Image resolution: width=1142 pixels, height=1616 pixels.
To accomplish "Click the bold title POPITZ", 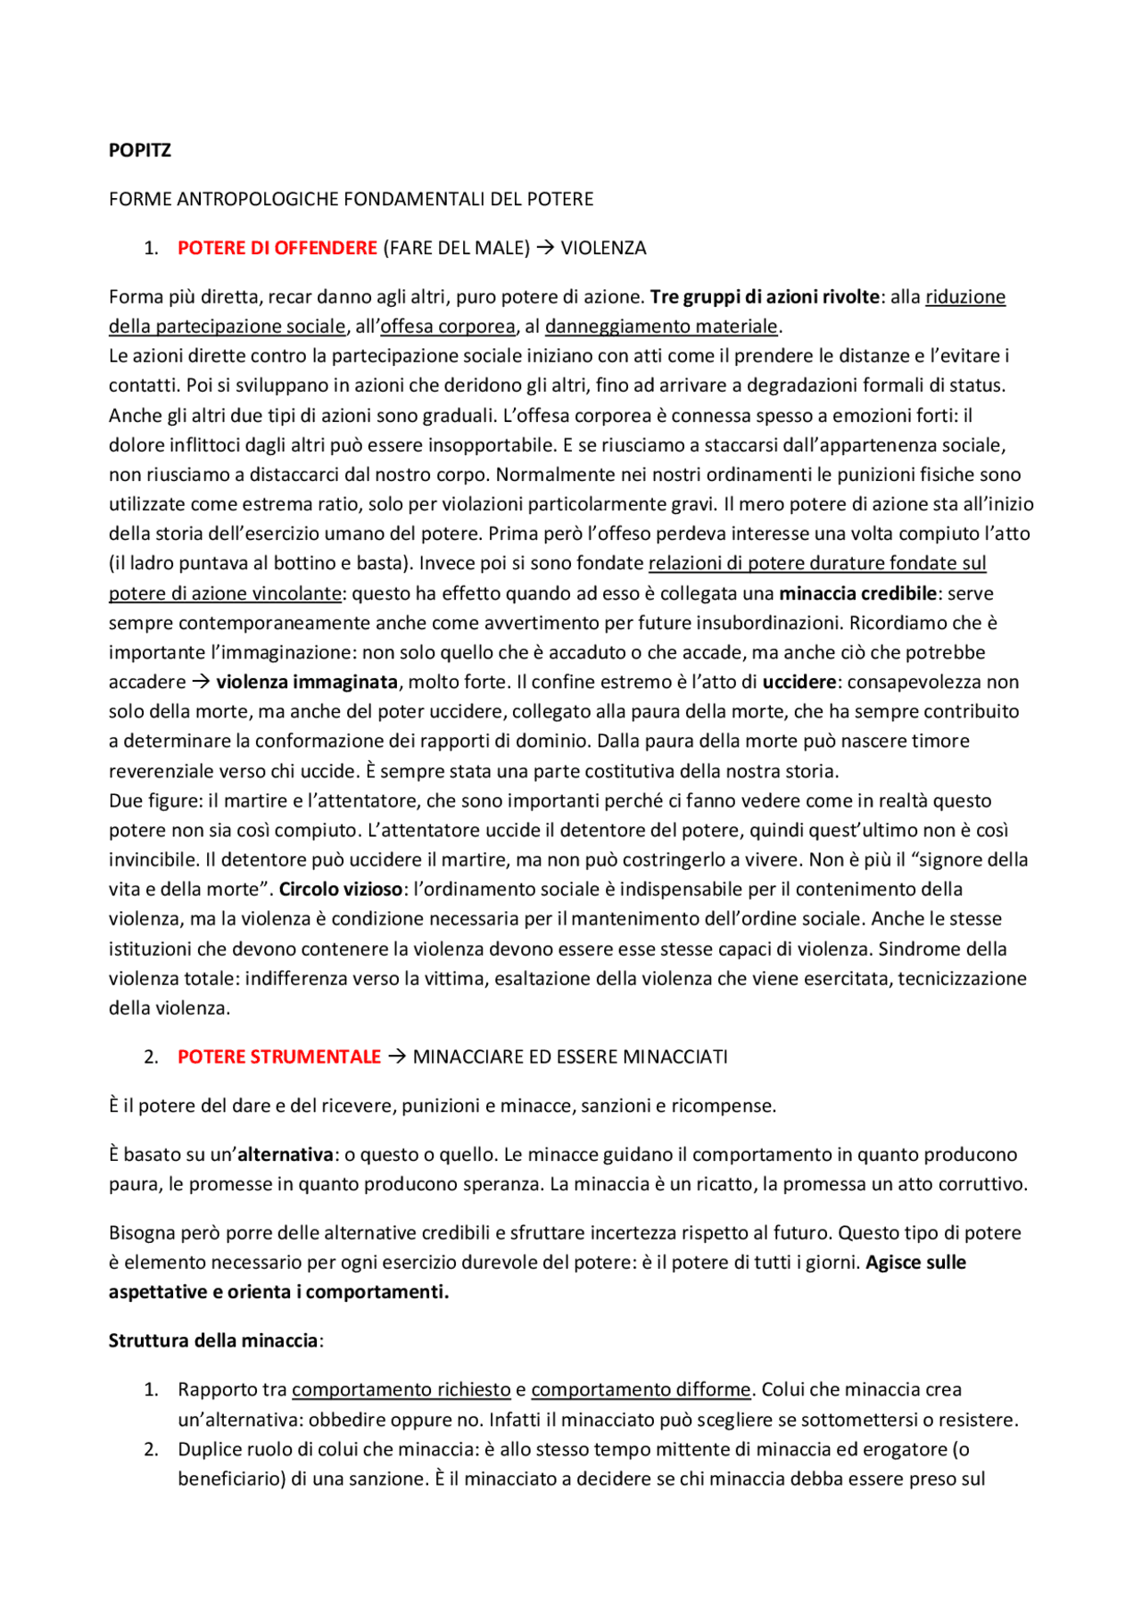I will pos(139,150).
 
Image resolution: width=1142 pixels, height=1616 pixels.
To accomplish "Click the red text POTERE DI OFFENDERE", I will pos(277,248).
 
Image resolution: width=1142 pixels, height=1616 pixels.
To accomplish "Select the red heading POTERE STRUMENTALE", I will pos(278,1057).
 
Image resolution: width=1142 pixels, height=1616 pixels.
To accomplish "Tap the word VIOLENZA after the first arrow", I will pos(603,248).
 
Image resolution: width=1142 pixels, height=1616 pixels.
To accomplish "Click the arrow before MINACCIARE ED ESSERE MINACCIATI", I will pos(397,1057).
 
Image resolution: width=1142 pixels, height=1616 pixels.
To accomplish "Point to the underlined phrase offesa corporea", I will pos(448,327).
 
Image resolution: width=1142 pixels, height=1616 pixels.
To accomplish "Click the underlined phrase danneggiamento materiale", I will pos(661,327).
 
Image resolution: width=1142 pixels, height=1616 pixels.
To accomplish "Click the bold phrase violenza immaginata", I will pos(307,682).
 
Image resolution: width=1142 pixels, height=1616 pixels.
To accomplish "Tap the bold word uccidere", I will pos(799,682).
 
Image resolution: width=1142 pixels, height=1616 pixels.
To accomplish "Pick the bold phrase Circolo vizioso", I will pos(341,889).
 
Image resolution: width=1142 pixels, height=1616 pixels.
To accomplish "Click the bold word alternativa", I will pos(285,1155).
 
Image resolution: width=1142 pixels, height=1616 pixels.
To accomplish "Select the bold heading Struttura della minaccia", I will pos(213,1340).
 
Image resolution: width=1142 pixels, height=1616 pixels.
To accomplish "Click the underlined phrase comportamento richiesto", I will pos(401,1389).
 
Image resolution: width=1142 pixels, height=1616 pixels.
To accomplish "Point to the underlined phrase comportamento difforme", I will pos(641,1389).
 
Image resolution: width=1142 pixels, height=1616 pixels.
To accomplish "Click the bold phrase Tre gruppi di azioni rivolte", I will pos(765,297).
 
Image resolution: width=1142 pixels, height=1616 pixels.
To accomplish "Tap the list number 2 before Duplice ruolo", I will pos(152,1449).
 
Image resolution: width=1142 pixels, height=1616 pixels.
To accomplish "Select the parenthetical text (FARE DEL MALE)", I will pos(456,248).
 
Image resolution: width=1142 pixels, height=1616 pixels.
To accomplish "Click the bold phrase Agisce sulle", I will pos(915,1263).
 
